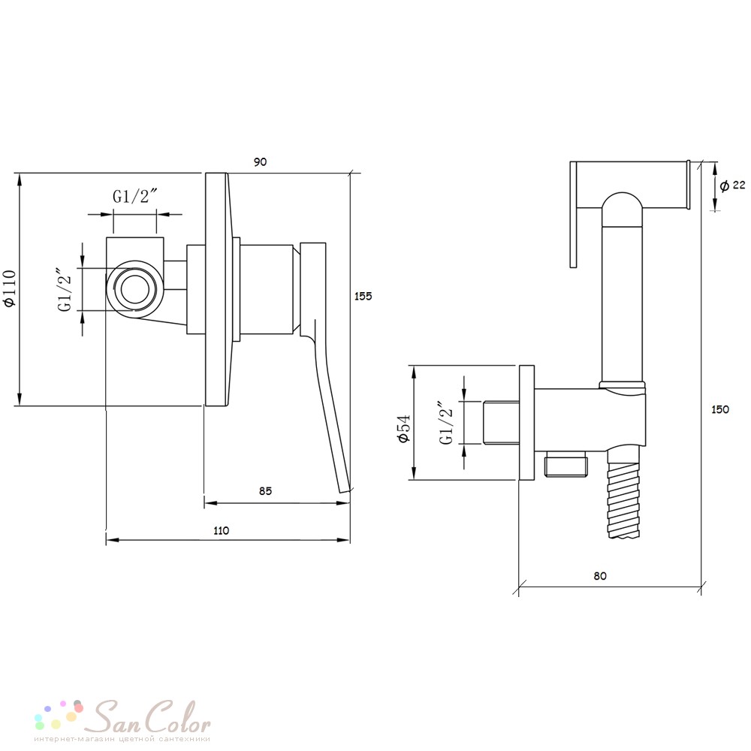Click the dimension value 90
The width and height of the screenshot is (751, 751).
(260, 162)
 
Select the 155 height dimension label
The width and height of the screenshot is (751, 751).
(363, 296)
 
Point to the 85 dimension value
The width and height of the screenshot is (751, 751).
(265, 491)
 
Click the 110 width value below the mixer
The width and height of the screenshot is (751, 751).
(222, 531)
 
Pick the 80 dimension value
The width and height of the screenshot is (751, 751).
(600, 576)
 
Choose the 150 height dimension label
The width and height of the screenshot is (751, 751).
(720, 409)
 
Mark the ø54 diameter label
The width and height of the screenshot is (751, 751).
(404, 429)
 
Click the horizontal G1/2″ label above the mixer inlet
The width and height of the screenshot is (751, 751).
(135, 196)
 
